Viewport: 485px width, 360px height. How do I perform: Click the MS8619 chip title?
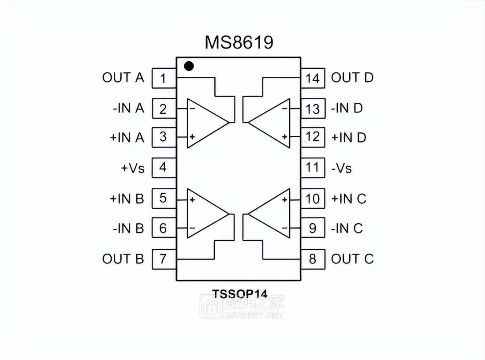coord(239,43)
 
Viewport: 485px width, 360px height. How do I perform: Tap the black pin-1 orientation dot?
coord(189,66)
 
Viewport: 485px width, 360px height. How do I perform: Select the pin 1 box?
coord(163,79)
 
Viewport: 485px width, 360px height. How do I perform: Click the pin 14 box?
coord(313,79)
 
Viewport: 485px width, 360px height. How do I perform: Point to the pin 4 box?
coord(163,168)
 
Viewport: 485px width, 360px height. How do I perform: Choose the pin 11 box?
coord(313,168)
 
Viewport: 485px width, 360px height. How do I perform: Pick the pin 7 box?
coord(163,259)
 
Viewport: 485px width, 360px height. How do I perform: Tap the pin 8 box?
coord(313,259)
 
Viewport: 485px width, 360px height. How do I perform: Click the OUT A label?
coord(123,78)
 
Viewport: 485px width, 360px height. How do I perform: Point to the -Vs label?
coord(342,168)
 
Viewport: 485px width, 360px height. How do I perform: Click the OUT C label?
coord(352,259)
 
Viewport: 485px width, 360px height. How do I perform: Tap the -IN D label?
coord(347,108)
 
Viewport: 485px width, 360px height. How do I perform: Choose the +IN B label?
coord(127,199)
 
